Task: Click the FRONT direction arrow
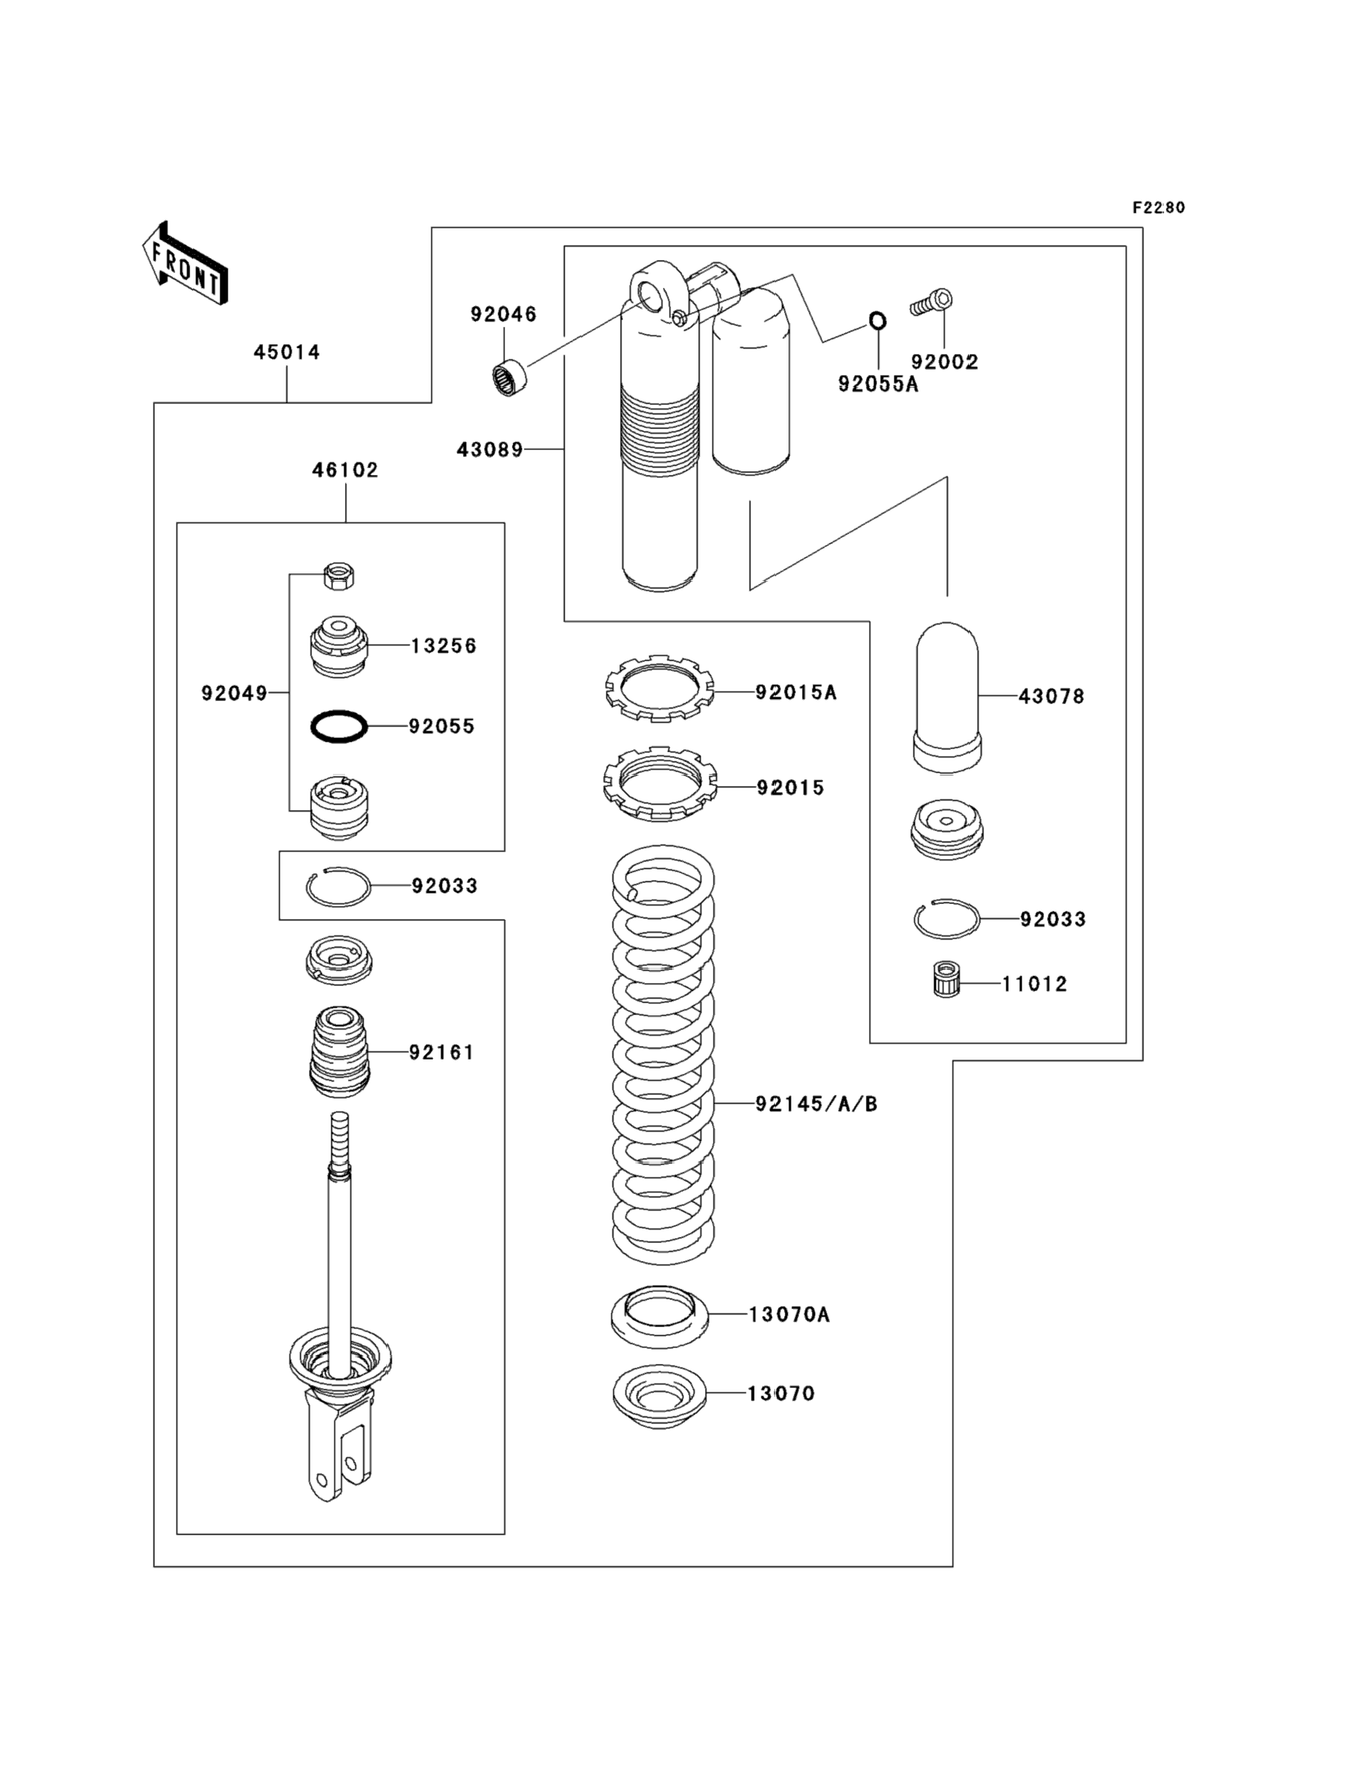point(185,264)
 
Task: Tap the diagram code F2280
point(1158,207)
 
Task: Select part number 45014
point(286,352)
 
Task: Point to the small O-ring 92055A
point(877,321)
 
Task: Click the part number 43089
point(490,449)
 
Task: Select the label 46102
point(346,470)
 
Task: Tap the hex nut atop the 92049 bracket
point(339,576)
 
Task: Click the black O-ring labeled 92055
point(339,726)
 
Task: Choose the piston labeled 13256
point(339,646)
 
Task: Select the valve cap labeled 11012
point(944,978)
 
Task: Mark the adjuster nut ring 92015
point(660,784)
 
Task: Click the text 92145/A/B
point(816,1104)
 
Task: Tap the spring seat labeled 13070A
point(659,1316)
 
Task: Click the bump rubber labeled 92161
point(339,1052)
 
